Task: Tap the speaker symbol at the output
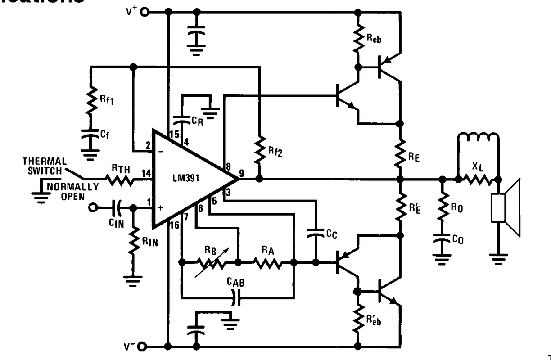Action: point(506,207)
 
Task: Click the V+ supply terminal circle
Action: point(144,12)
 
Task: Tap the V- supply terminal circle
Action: point(144,346)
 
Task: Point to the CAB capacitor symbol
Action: point(237,297)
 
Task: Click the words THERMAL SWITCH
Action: point(45,165)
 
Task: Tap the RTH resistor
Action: point(120,180)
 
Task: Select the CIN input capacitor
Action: point(118,208)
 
